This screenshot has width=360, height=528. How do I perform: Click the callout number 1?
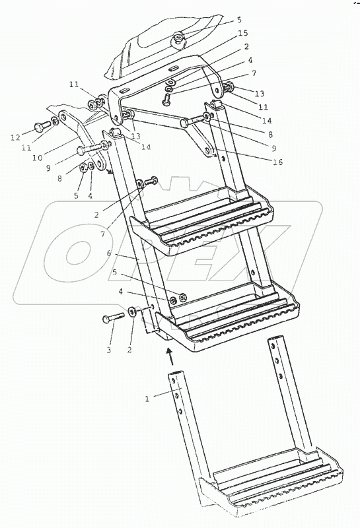coord(147,399)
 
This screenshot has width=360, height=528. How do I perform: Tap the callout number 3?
coord(108,350)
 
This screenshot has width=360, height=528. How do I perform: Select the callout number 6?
coord(109,253)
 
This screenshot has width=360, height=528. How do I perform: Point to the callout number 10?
coord(38,157)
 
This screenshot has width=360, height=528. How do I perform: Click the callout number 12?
coord(15,137)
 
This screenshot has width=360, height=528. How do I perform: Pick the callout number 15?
coord(243,33)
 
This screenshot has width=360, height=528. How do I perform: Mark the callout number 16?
coord(278,162)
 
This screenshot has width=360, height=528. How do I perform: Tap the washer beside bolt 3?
coord(132,312)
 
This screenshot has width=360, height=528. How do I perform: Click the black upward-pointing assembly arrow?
coord(172,357)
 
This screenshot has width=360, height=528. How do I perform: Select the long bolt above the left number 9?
coord(92,148)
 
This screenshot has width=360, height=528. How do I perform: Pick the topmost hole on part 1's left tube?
coord(173,380)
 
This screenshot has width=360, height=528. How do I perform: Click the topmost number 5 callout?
coord(239,20)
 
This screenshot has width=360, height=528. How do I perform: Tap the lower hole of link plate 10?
coord(100,164)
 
